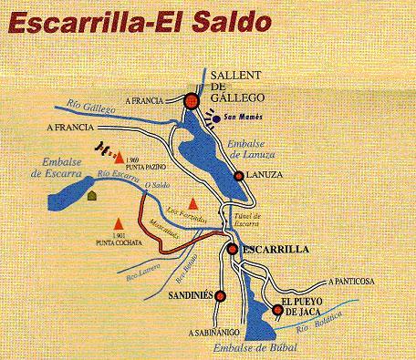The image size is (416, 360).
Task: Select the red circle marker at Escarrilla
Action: click(233, 247)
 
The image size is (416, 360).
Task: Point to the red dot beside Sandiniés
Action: click(221, 293)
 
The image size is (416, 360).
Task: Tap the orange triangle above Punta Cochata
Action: click(118, 222)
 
